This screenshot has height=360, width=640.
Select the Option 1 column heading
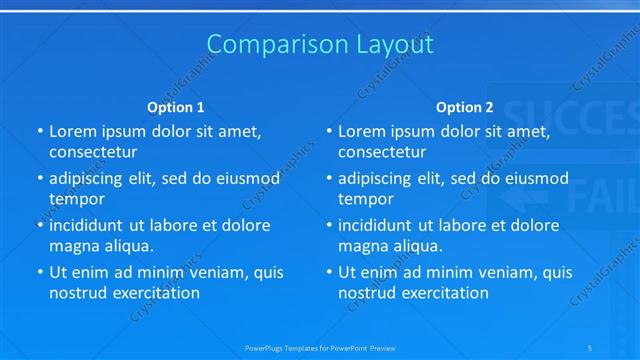tap(176, 107)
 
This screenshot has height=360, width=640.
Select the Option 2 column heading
tap(465, 107)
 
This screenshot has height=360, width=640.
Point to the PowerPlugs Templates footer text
tap(320, 347)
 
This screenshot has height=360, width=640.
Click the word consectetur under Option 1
tap(93, 152)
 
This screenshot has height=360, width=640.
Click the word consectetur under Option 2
tap(382, 152)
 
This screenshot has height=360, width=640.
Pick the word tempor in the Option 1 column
tap(77, 198)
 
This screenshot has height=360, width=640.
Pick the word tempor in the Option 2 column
tap(366, 198)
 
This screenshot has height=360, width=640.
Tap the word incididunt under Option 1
tap(93, 225)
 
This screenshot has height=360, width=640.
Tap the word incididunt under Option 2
tap(382, 225)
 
